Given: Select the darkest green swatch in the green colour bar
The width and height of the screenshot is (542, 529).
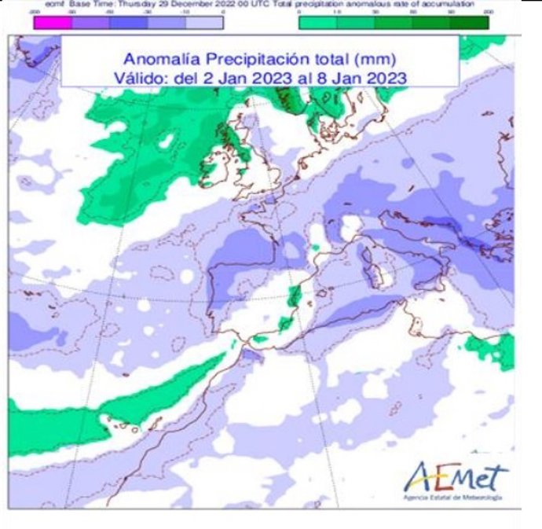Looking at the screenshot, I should (473, 22).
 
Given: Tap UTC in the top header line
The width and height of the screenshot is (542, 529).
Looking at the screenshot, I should (267, 5).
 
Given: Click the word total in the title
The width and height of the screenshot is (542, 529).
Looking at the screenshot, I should (329, 59).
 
